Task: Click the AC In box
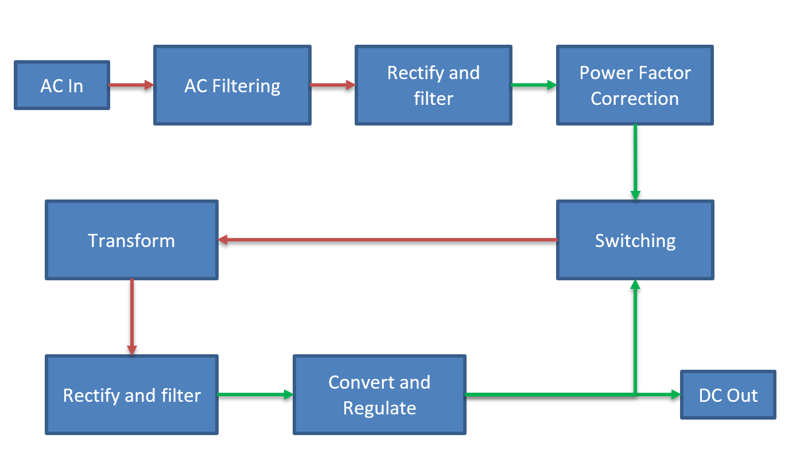[x=61, y=86]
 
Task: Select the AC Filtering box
[x=232, y=86]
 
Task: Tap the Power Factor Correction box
[x=635, y=86]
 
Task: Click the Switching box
[x=635, y=240]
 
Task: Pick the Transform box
[x=131, y=240]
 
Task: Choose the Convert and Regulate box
[x=379, y=395]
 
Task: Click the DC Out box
[x=728, y=395]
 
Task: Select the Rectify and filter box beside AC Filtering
[x=433, y=86]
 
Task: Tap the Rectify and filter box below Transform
[x=131, y=395]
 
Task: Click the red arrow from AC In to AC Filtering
[x=131, y=85]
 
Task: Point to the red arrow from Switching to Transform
[x=387, y=240]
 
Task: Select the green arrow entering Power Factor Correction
[x=533, y=85]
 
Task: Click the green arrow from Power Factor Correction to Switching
[x=635, y=162]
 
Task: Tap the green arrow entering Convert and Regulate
[x=255, y=394]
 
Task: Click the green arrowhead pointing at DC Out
[x=675, y=394]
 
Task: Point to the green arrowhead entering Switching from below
[x=635, y=285]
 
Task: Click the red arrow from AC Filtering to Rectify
[x=332, y=85]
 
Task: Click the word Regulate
[x=379, y=408]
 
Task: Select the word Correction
[x=635, y=99]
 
